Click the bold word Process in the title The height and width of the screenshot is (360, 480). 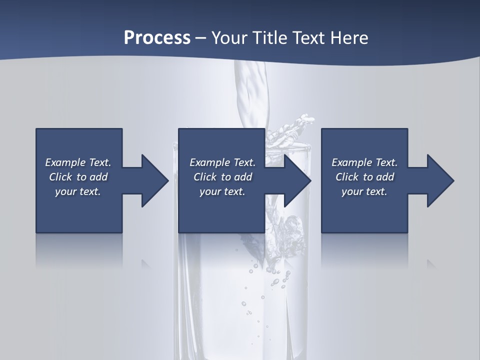coord(157,38)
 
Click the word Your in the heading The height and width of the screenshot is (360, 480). coord(231,38)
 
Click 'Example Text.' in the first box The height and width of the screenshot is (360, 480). coord(78,162)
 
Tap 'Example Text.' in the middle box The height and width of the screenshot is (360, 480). coord(222,162)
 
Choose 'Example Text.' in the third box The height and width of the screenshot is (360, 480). coord(364,162)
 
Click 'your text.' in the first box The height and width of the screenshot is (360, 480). coord(78,191)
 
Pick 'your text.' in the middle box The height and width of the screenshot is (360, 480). coord(222,191)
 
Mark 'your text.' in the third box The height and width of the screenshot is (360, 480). coord(364,191)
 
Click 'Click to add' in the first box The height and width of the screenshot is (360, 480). coord(78,177)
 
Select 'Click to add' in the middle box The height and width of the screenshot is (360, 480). coord(222,177)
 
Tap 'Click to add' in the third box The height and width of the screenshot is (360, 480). coord(364,177)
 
